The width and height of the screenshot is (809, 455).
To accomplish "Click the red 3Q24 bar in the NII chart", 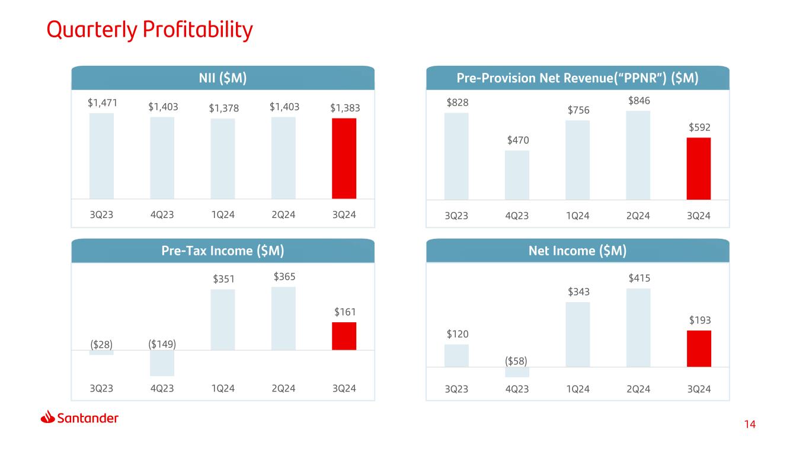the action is (x=344, y=159).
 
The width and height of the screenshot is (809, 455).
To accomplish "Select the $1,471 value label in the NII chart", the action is (x=103, y=103).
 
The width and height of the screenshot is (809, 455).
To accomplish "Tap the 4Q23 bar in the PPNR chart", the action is (x=517, y=175).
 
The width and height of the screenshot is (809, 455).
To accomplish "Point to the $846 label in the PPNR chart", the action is (x=639, y=101).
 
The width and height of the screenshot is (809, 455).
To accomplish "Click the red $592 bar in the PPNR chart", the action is (x=699, y=169).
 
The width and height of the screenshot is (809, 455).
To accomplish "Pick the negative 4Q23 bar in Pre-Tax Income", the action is (x=162, y=363).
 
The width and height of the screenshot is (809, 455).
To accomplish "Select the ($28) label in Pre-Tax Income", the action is (x=101, y=344).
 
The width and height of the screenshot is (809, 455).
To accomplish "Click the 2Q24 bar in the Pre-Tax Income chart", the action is (x=283, y=319).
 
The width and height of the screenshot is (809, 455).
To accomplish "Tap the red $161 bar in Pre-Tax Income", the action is (x=344, y=336).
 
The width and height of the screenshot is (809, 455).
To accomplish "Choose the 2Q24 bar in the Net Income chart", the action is (x=638, y=328).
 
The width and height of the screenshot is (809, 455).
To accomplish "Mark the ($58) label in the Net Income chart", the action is (x=516, y=361).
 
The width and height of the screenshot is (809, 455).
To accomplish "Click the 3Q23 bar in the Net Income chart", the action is (x=456, y=355).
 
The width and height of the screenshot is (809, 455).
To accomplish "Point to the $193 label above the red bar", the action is (x=699, y=320).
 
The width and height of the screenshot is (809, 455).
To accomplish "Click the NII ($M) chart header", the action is (x=223, y=78).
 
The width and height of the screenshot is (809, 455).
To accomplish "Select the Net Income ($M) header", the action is (x=577, y=251).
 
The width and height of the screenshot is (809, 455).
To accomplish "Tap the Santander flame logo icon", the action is (x=47, y=416).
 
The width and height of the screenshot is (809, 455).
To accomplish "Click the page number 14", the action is (x=750, y=424).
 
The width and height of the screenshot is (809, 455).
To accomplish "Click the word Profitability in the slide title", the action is (x=198, y=30).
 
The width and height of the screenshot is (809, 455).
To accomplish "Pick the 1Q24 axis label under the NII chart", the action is (x=223, y=215).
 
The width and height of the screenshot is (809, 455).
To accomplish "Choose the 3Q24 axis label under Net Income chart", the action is (x=699, y=389).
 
